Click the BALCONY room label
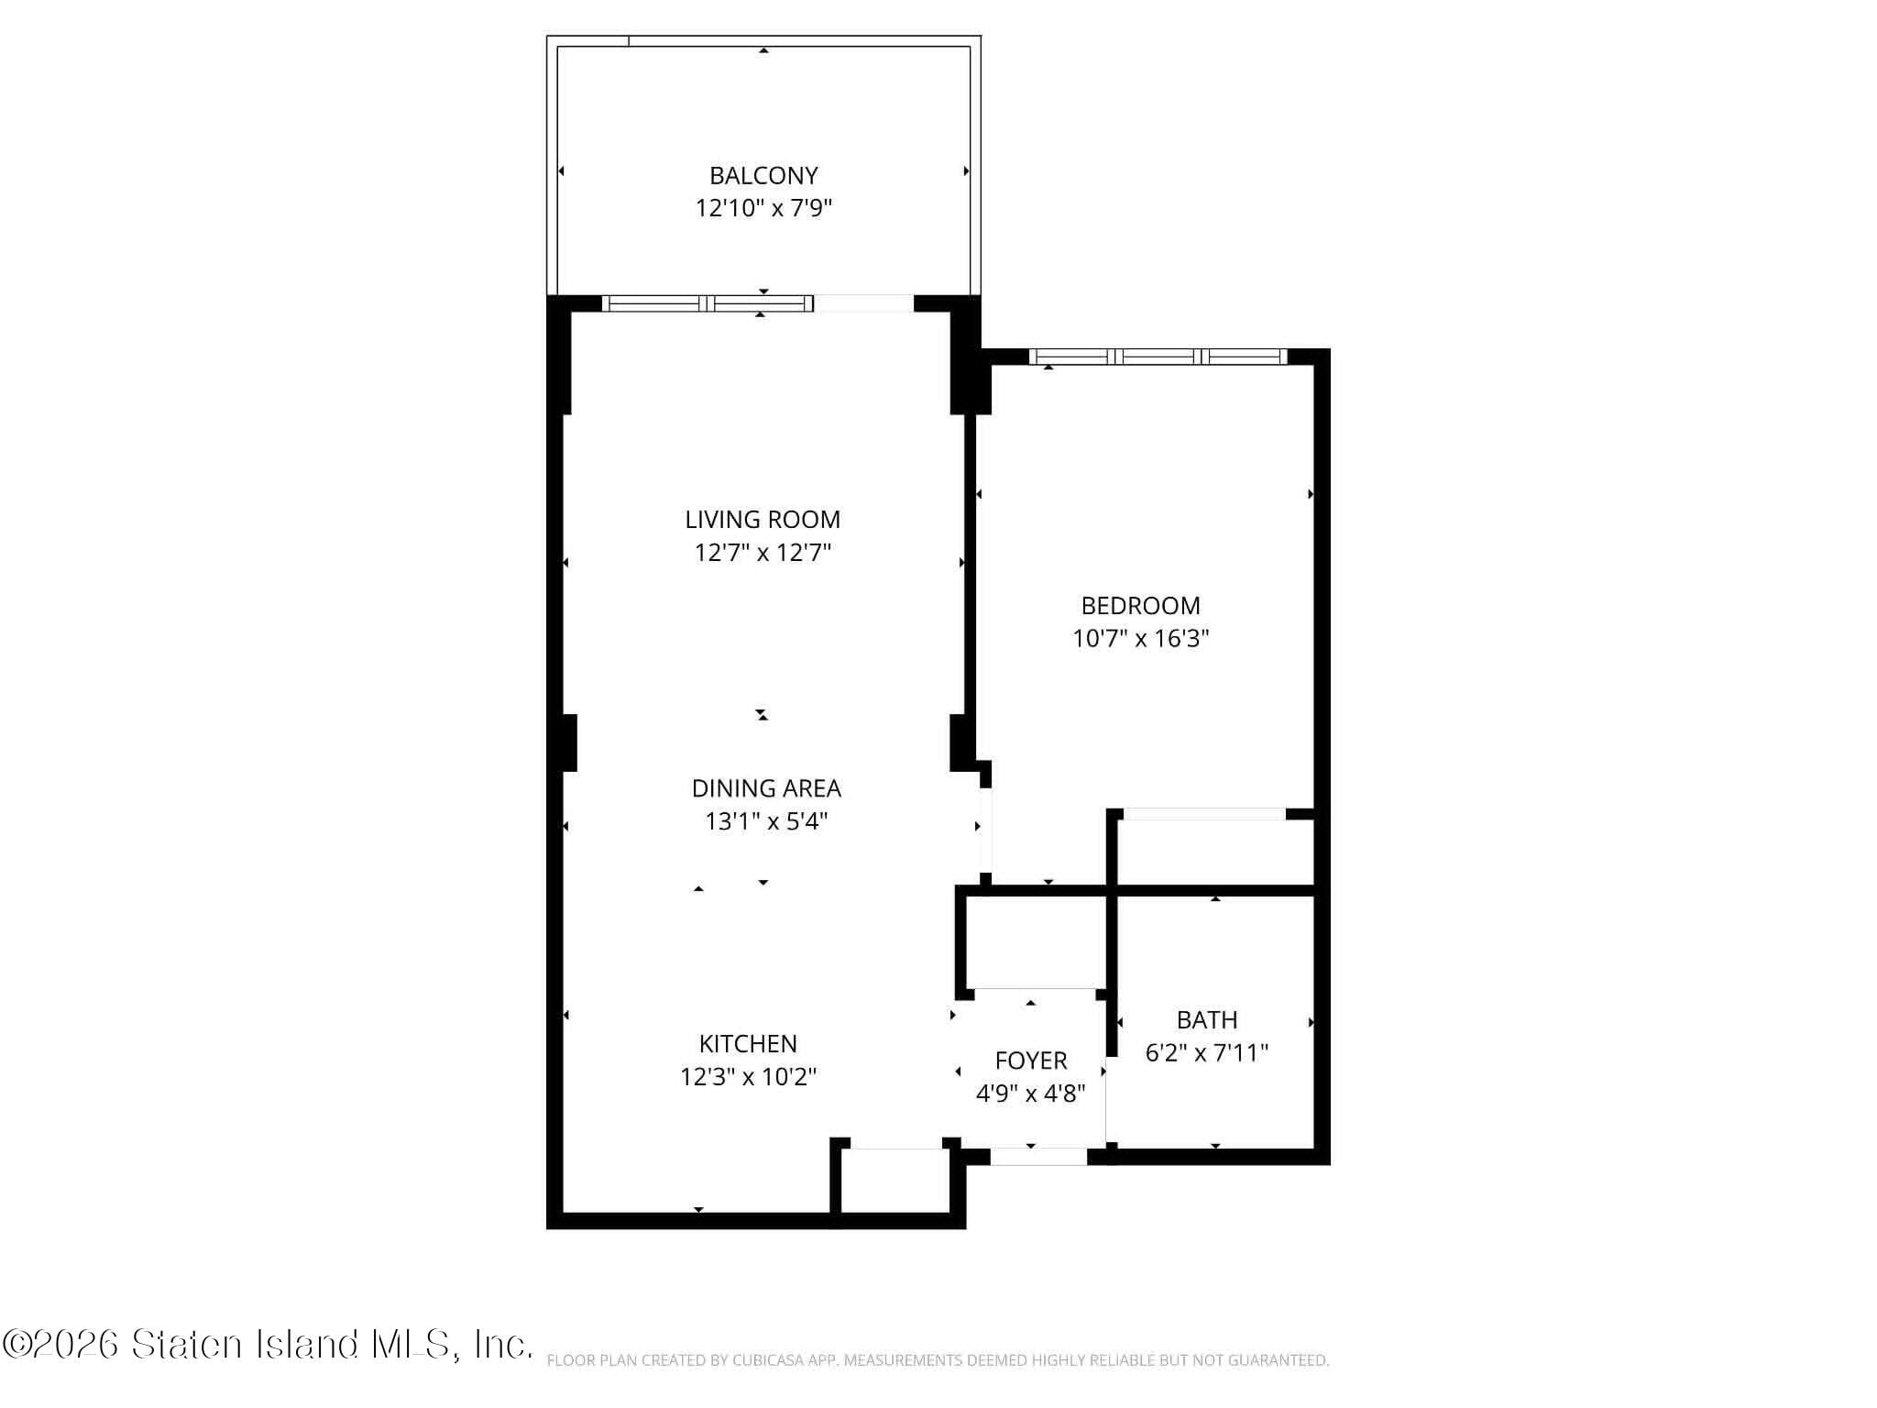click(763, 175)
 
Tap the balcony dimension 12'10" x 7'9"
click(763, 208)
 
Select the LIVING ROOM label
click(763, 520)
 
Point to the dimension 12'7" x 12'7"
click(763, 553)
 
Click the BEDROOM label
click(1140, 606)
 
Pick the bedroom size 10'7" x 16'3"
click(1140, 639)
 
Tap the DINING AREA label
click(766, 788)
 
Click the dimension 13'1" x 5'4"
click(766, 821)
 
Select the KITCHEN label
click(748, 1044)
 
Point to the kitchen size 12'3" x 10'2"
click(748, 1077)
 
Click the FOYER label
click(1031, 1061)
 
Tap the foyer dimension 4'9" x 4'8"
click(1031, 1094)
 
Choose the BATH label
click(1207, 1020)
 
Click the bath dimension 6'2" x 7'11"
click(1207, 1053)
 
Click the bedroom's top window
click(1158, 357)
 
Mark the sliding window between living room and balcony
click(708, 303)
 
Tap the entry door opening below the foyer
click(1038, 1157)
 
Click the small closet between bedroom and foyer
click(1034, 942)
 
